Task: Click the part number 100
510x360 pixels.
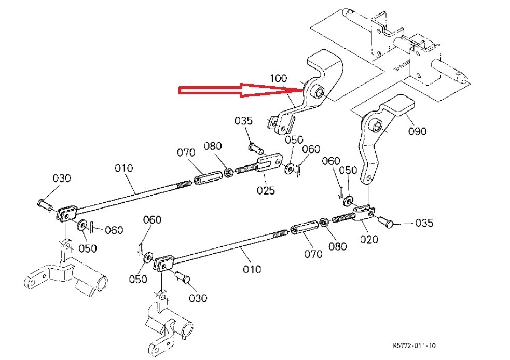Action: (278, 78)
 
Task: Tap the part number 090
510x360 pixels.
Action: (417, 131)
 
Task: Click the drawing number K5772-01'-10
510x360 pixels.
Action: (415, 345)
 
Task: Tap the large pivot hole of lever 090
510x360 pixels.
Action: (377, 124)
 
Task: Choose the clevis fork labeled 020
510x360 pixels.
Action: (365, 213)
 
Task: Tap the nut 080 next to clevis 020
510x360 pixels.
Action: (323, 222)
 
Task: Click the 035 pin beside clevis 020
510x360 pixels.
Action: (384, 221)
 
